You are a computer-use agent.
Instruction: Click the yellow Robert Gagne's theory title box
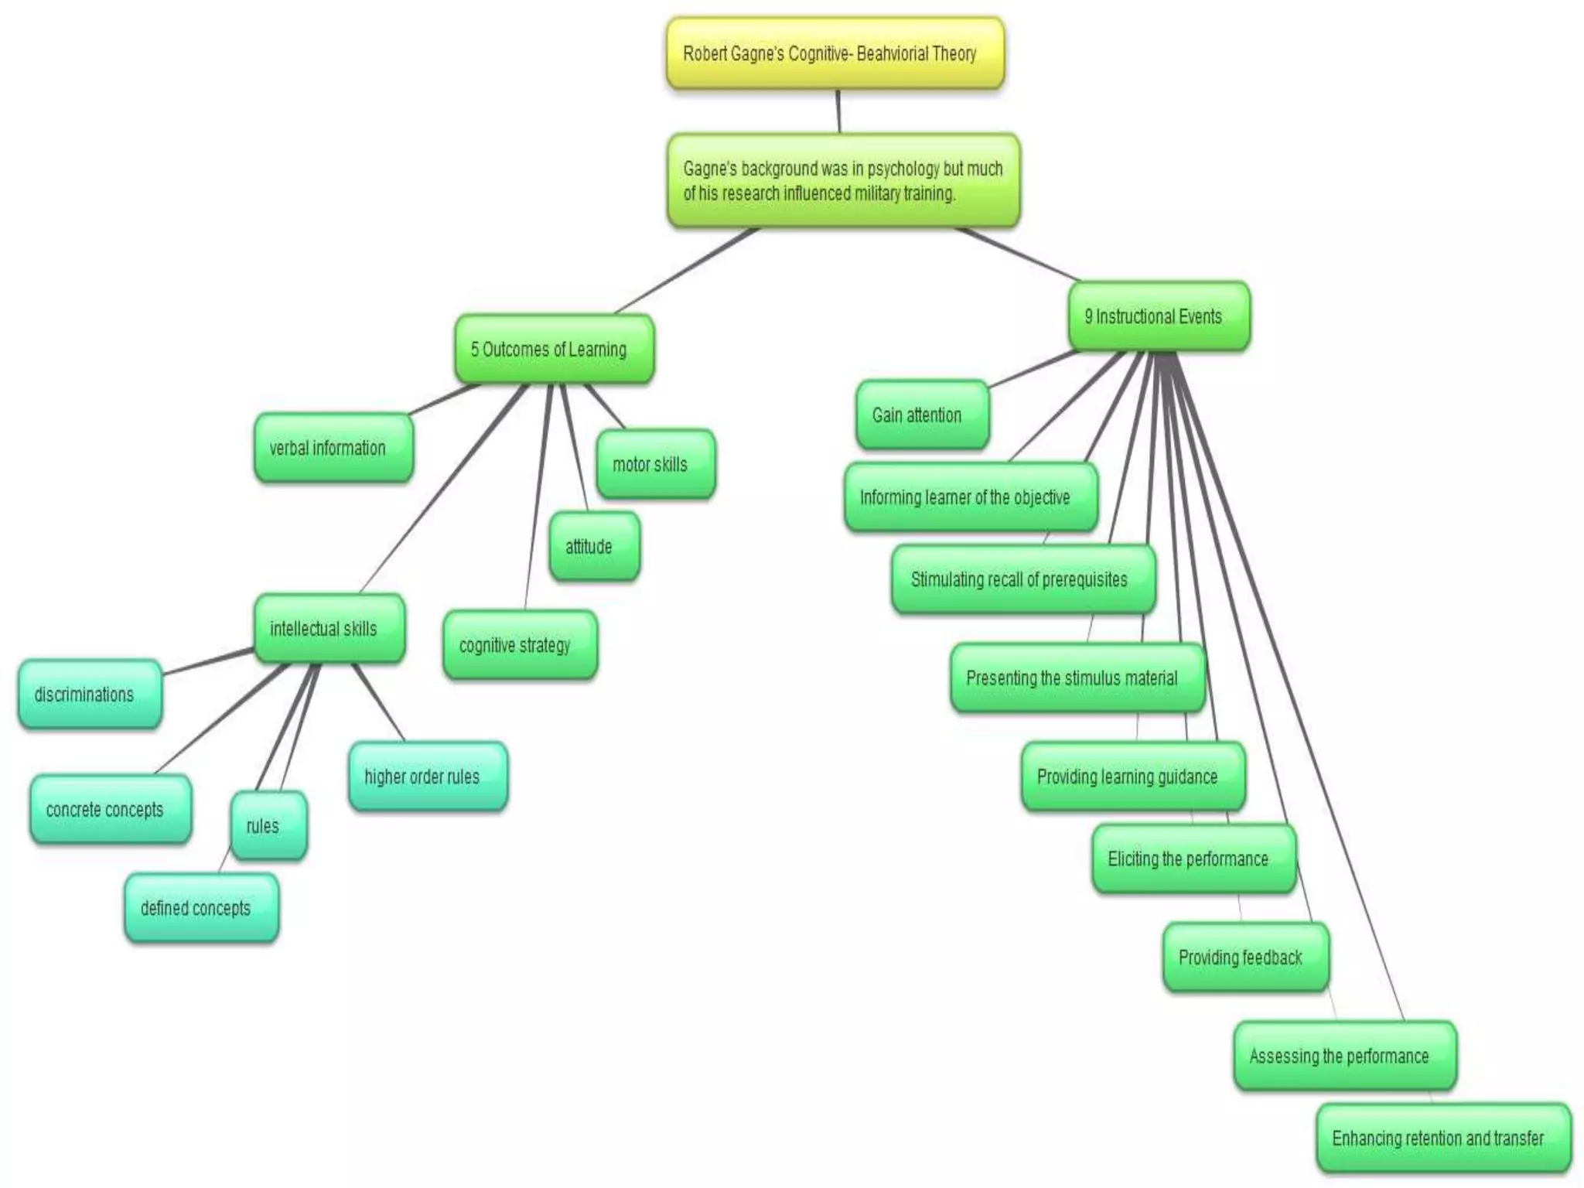click(835, 53)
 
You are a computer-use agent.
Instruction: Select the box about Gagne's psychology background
click(843, 181)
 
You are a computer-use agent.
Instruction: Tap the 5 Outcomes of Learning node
click(553, 349)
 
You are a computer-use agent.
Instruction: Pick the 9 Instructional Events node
click(1158, 316)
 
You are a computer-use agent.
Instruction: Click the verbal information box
click(333, 448)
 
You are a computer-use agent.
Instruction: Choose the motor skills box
click(655, 464)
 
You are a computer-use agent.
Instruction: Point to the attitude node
click(594, 546)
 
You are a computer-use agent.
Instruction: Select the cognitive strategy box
click(520, 645)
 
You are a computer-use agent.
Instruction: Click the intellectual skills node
click(329, 628)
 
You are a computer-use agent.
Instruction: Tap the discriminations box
click(90, 695)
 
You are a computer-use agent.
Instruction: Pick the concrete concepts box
click(110, 809)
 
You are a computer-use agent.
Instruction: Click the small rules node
click(268, 825)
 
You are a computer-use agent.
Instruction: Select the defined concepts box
click(201, 907)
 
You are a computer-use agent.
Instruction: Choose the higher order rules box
click(428, 777)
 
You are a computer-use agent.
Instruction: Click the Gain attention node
click(922, 415)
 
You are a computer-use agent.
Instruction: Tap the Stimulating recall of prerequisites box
click(1023, 579)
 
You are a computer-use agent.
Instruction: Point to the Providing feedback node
click(1245, 958)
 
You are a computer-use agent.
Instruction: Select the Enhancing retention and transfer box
click(1443, 1138)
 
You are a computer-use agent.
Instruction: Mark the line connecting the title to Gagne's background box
click(838, 111)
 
